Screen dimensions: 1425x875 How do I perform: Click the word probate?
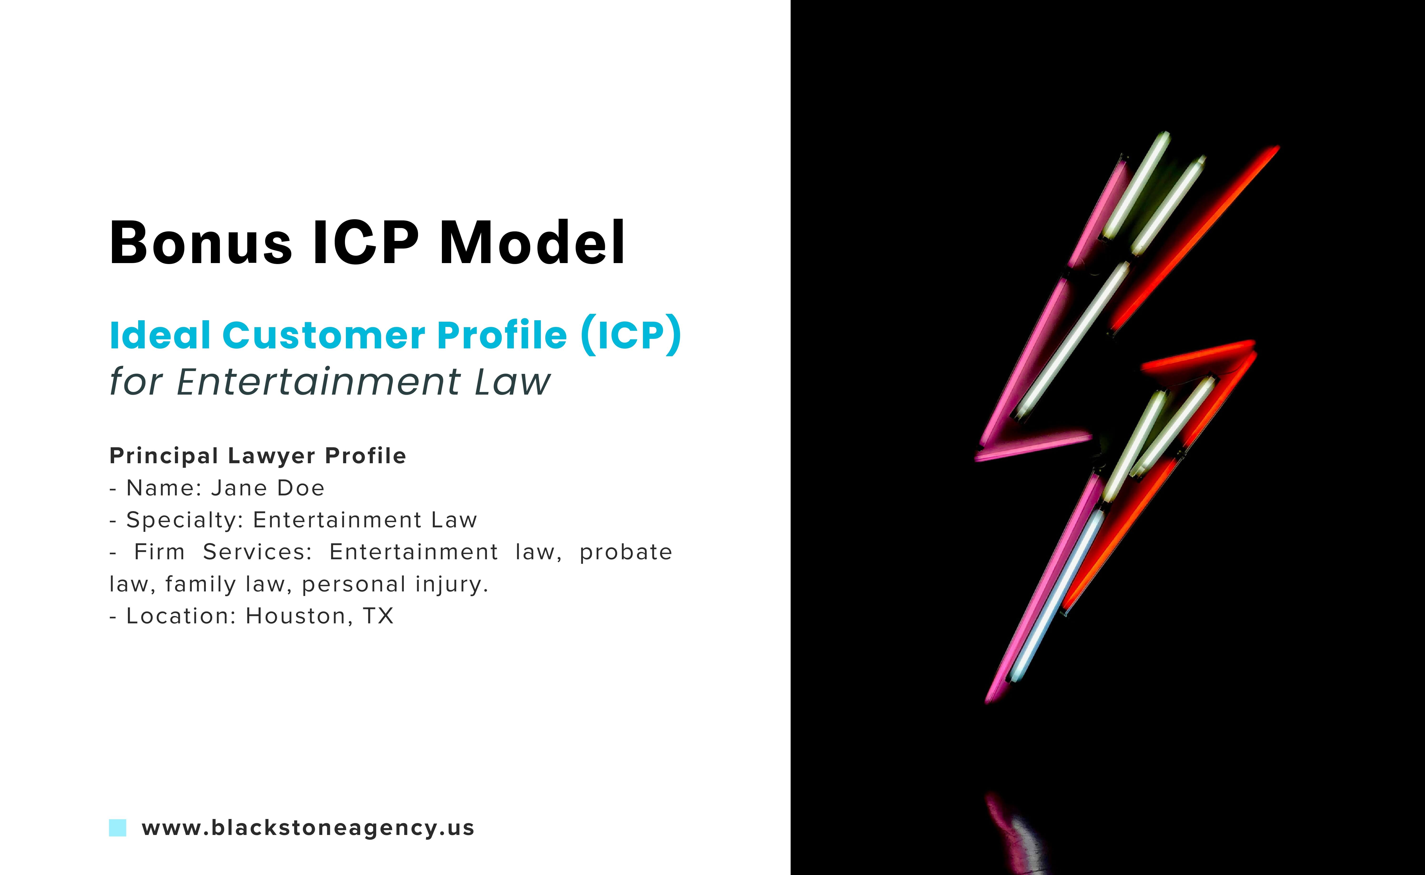pos(626,552)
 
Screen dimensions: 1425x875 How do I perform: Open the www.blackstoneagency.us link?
pos(308,828)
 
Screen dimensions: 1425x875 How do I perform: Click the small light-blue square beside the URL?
pos(117,828)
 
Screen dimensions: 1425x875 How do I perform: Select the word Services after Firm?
pos(257,552)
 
